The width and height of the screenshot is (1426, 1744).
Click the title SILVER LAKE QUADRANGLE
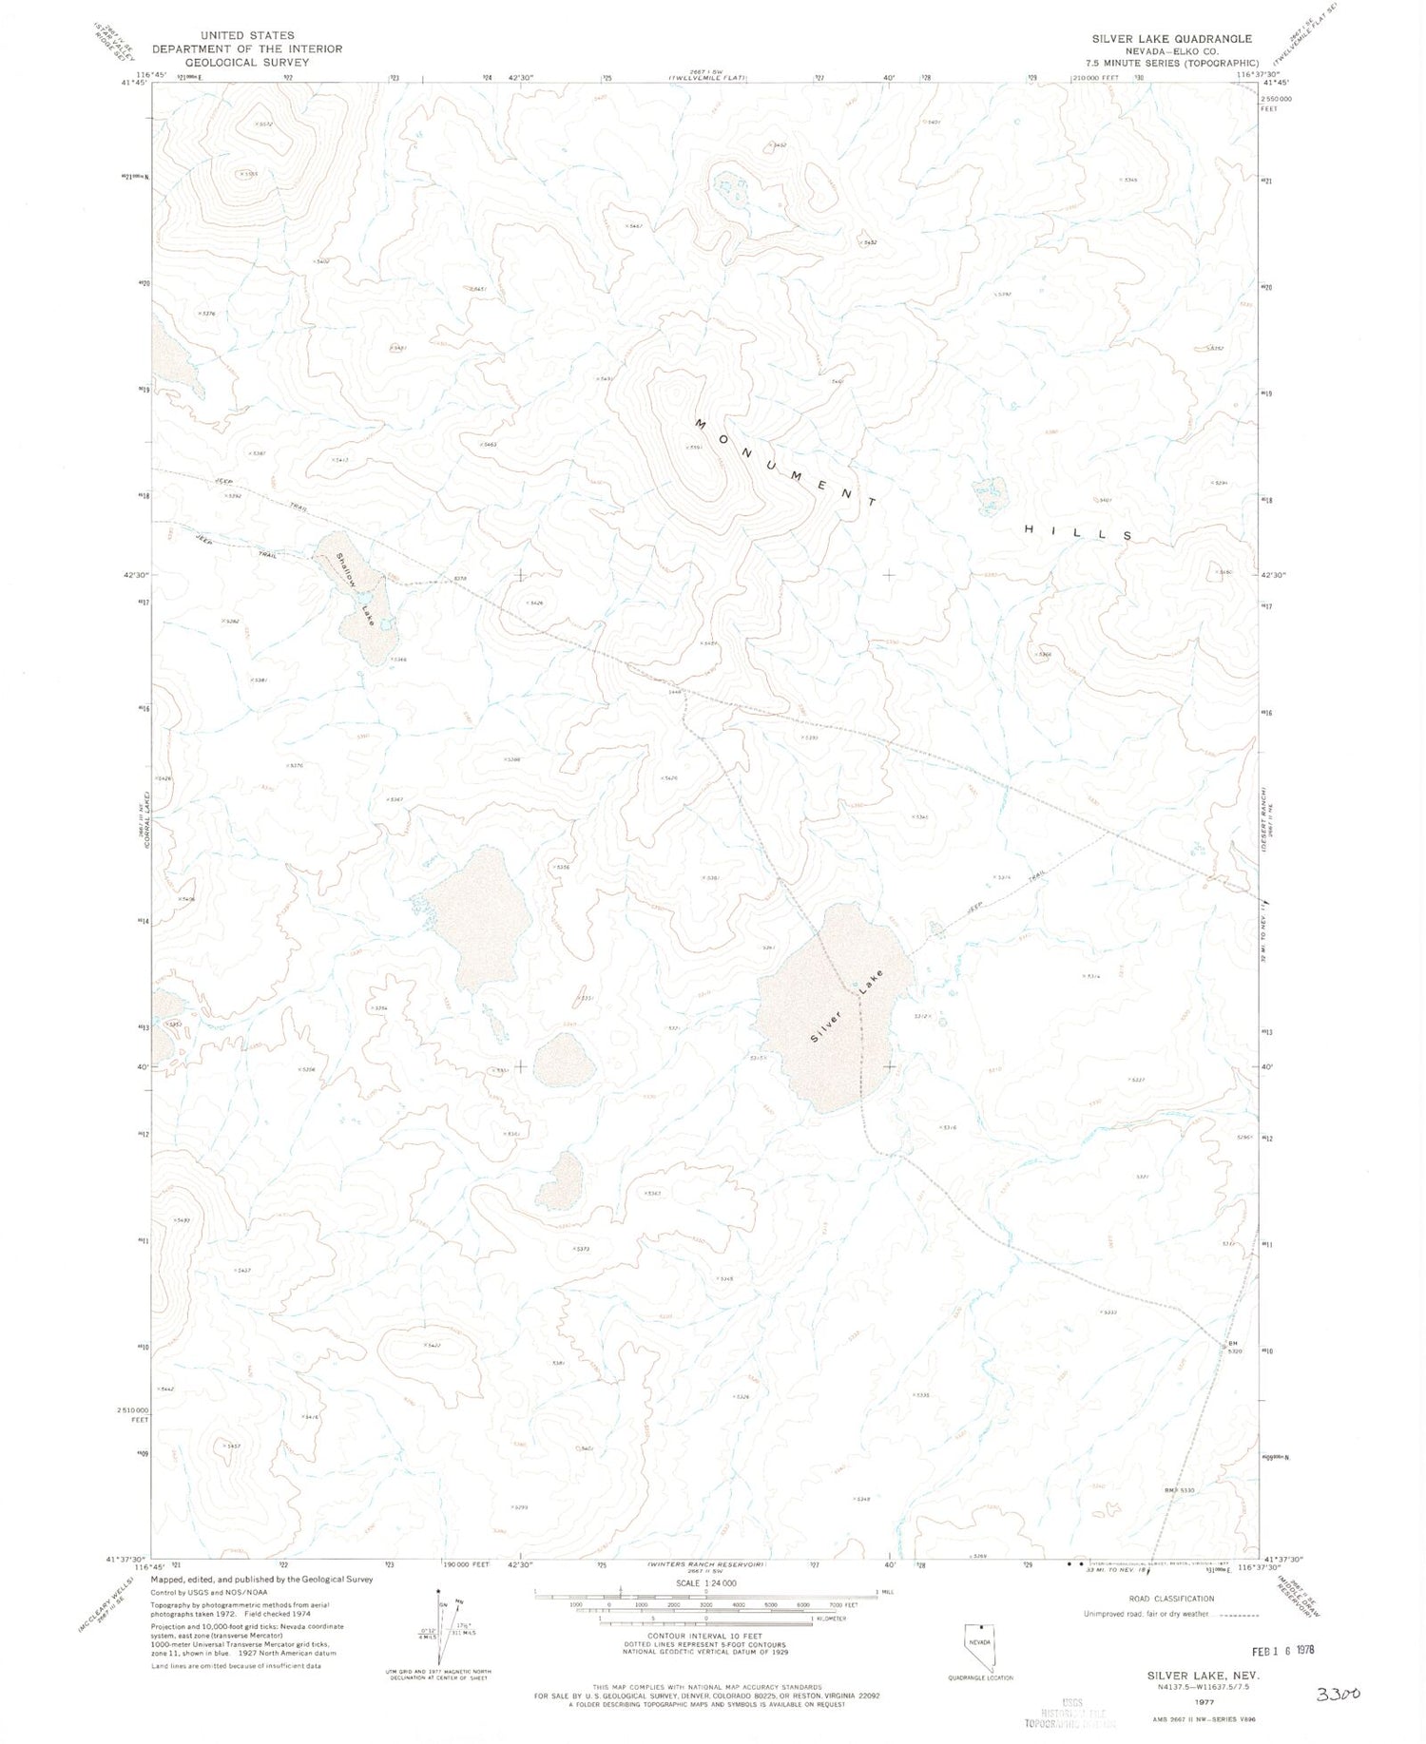tap(1171, 39)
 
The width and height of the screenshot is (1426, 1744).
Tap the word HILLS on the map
tap(1078, 532)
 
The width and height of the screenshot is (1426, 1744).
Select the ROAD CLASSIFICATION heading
tap(1170, 1599)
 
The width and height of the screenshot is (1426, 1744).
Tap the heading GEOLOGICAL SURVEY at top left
tap(246, 62)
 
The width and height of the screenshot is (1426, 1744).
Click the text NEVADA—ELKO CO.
tap(1172, 51)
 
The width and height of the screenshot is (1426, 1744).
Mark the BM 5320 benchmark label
tap(1234, 1349)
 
